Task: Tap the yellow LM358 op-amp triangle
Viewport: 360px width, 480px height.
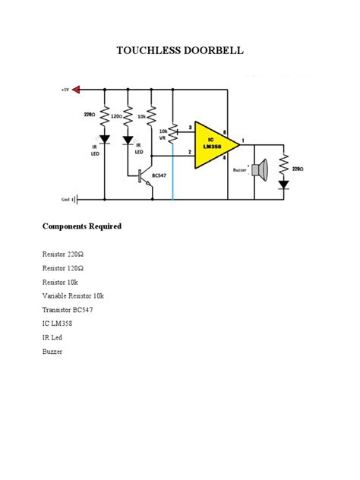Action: click(210, 144)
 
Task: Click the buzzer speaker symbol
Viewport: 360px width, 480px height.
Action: click(261, 169)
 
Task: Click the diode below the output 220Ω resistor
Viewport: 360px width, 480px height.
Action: click(283, 184)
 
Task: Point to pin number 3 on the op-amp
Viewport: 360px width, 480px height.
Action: click(190, 127)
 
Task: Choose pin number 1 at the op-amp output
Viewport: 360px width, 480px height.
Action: click(242, 140)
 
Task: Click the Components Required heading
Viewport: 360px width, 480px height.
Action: click(82, 227)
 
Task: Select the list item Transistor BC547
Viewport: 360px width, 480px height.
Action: click(68, 310)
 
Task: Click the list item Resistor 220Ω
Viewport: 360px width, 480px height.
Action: click(63, 254)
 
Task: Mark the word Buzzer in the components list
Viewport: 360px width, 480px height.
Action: click(53, 352)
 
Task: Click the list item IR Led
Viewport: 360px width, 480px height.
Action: click(53, 338)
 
